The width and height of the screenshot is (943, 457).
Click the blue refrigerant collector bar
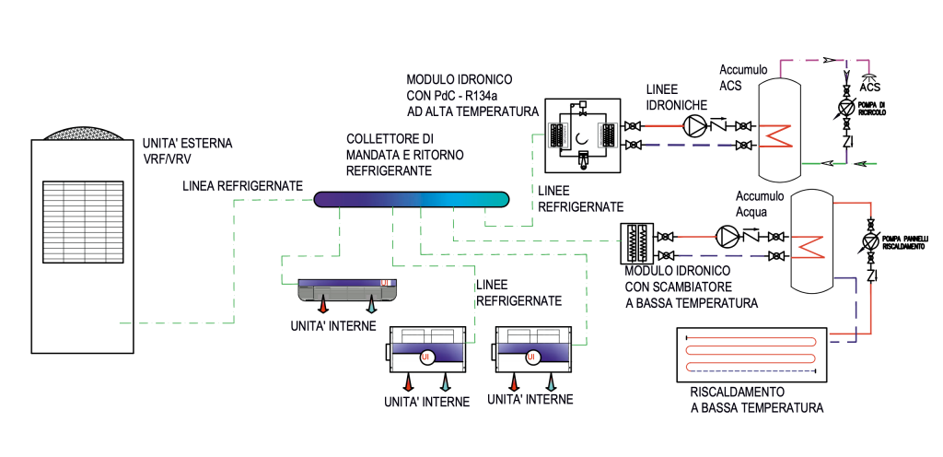pyautogui.click(x=412, y=198)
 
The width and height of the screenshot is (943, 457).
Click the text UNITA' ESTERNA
pyautogui.click(x=188, y=145)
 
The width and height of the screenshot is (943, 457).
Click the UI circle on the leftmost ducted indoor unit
pyautogui.click(x=425, y=357)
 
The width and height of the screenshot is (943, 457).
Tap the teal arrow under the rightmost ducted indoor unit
pyautogui.click(x=552, y=381)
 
